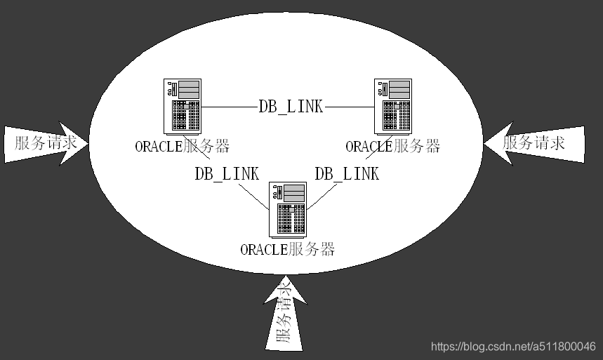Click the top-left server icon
click(x=182, y=105)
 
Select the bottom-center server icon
click(x=288, y=209)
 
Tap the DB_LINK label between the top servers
click(x=291, y=107)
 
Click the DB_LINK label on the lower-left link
click(x=226, y=173)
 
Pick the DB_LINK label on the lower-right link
click(x=346, y=173)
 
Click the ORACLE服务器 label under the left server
click(x=182, y=146)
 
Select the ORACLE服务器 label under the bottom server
click(x=287, y=249)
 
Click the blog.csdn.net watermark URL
click(x=512, y=347)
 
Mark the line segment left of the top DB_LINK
click(x=229, y=107)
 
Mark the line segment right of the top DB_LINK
click(x=351, y=107)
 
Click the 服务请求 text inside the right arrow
click(x=534, y=142)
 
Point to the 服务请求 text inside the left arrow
click(x=44, y=143)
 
